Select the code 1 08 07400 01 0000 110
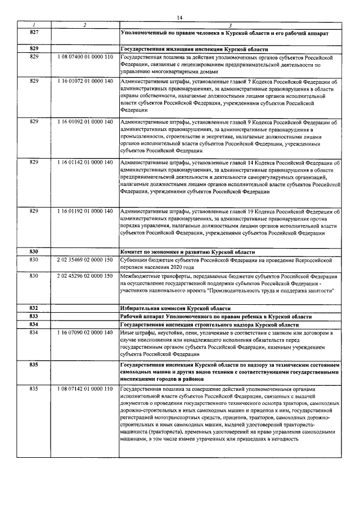(x=85, y=57)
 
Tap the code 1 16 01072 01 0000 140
(x=85, y=82)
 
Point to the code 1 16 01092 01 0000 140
(x=85, y=121)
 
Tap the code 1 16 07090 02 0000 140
(x=85, y=334)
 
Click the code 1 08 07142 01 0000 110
(x=85, y=389)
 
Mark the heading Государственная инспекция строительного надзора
(x=214, y=325)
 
